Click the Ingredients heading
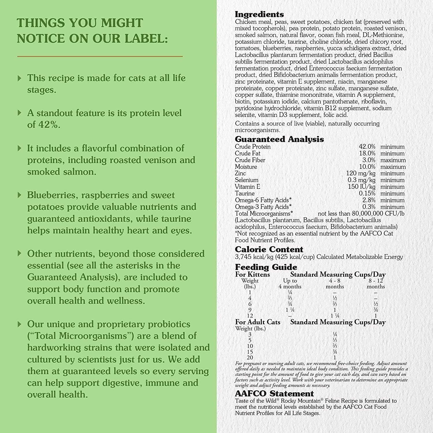pos(259,14)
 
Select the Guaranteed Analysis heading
pos(279,139)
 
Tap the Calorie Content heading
pos(269,249)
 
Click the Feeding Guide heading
pos(266,267)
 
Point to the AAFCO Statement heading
pos(274,393)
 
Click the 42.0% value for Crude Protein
pos(367,147)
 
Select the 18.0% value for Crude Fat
pos(367,153)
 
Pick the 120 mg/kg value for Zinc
pos(361,173)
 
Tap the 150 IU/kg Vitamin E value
pos(361,187)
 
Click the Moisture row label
pos(246,167)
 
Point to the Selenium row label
pos(247,180)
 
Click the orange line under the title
pos(100,56)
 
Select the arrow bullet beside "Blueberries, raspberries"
pos(20,195)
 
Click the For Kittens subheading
pos(252,274)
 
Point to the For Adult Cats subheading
pos(257,322)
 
